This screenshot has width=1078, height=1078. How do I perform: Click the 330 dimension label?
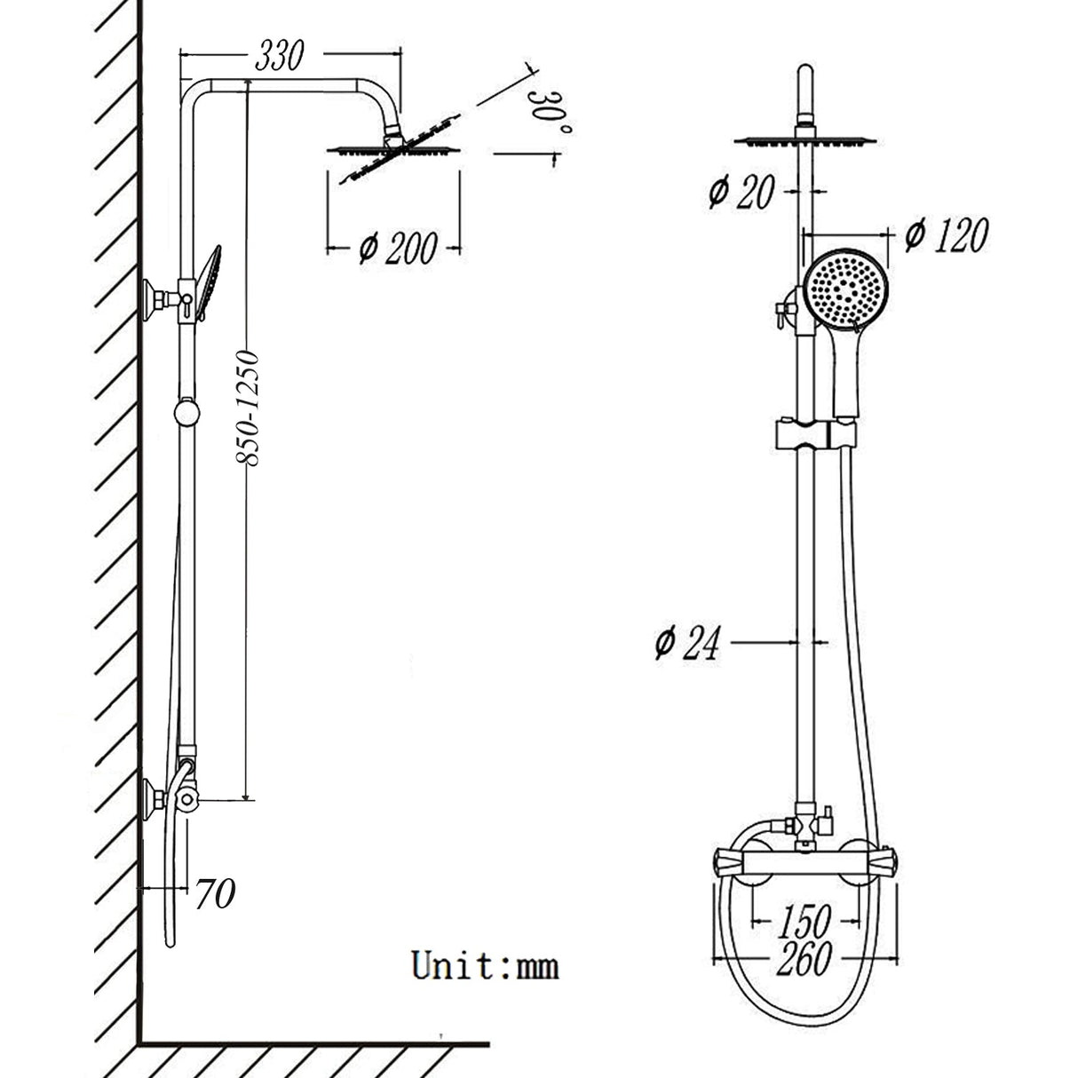tap(279, 56)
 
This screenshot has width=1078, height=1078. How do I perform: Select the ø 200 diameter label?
tap(398, 248)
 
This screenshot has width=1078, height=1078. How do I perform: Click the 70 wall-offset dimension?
tap(215, 894)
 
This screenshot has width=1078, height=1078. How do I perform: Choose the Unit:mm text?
tap(485, 964)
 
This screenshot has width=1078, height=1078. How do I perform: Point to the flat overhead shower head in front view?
tap(805, 141)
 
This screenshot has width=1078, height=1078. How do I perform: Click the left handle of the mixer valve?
tap(730, 862)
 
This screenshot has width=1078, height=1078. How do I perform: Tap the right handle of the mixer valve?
tap(884, 862)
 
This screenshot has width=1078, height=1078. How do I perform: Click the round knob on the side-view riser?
tap(186, 413)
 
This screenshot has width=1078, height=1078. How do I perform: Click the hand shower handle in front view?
tap(846, 373)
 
